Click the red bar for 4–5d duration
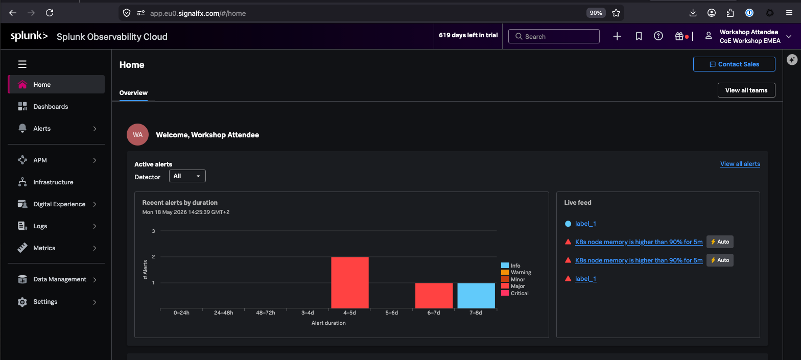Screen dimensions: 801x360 350,282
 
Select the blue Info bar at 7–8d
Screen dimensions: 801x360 476,296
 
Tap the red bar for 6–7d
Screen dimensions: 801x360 434,296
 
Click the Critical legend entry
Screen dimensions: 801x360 515,293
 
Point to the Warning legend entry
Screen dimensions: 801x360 516,272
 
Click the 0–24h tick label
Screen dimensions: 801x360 181,313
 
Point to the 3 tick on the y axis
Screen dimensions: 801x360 153,231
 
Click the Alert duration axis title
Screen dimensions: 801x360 328,323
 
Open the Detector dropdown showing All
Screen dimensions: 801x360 187,176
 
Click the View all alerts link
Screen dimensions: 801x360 740,164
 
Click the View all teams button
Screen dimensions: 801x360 746,90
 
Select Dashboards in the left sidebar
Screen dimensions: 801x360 51,107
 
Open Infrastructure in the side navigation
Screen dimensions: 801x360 53,182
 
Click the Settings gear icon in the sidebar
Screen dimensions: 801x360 22,302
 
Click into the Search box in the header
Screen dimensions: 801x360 554,36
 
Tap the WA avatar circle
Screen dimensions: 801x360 138,134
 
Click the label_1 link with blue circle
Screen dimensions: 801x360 585,224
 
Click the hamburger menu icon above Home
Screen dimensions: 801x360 22,64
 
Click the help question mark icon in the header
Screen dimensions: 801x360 658,36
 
